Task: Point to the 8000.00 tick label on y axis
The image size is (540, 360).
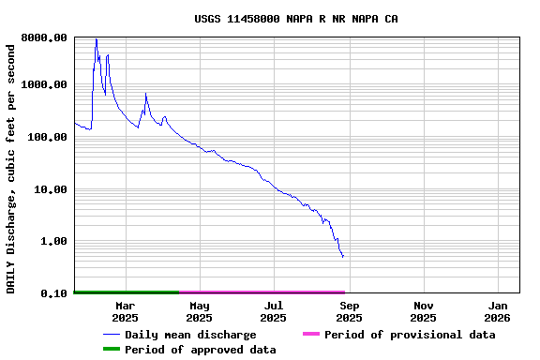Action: coord(44,37)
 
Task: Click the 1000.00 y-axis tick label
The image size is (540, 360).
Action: coord(44,85)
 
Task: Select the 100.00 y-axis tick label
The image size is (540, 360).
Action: coord(47,137)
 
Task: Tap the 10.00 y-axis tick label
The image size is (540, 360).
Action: coord(51,189)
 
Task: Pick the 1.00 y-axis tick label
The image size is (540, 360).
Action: coord(53,241)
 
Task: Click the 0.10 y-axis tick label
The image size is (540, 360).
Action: coord(53,293)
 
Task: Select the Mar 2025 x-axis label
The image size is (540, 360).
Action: coord(125,311)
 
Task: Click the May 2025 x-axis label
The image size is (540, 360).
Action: coord(200,311)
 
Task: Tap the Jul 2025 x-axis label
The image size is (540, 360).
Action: coord(274,311)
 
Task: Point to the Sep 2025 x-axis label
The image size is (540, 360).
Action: coord(349,311)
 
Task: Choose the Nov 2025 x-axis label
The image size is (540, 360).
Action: coord(423,311)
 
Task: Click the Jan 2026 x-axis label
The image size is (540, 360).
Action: coord(498,311)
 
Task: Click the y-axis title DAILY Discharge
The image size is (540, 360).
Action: coord(11,166)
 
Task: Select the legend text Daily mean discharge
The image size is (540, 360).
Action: coord(190,335)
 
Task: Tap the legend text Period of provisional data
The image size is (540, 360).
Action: coord(410,335)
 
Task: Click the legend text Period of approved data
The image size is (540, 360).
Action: coord(201,350)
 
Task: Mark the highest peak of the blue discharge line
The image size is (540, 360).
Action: coord(96,39)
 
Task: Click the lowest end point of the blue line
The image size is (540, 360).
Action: coord(343,257)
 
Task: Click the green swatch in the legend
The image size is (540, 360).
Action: coord(112,349)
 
